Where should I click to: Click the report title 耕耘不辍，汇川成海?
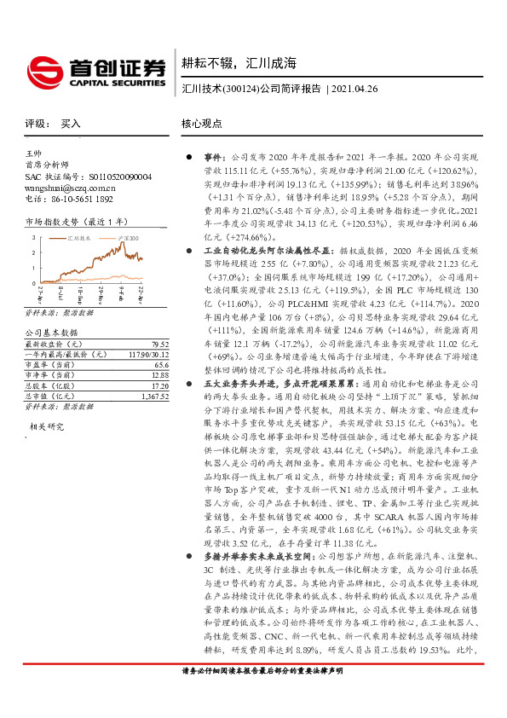pos(239,62)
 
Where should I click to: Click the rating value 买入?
pos(71,124)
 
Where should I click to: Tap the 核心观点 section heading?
pos(204,124)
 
